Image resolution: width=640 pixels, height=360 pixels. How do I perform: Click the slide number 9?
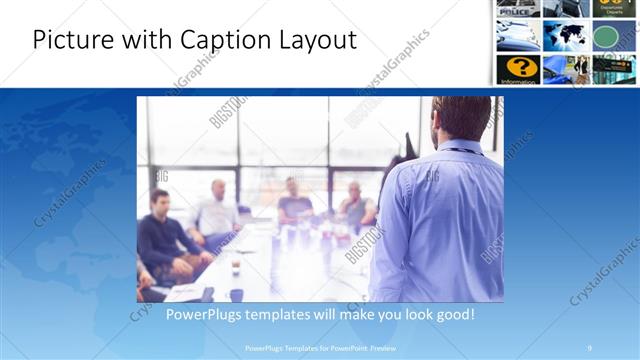tap(589, 347)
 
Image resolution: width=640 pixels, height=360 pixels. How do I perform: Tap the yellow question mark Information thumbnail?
tap(518, 68)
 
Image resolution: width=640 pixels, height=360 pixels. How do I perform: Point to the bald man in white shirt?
tap(217, 209)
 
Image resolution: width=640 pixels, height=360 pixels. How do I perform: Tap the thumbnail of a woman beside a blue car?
tap(565, 68)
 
